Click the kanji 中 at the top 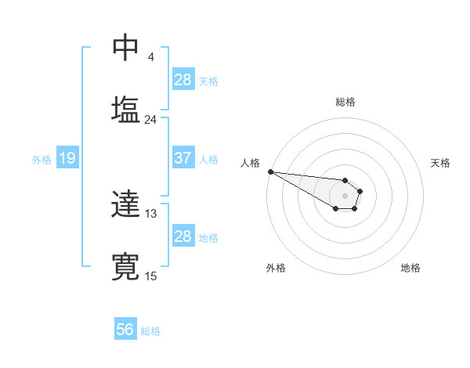pos(125,49)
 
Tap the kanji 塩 pos(125,109)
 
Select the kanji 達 pos(125,206)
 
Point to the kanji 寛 pos(125,265)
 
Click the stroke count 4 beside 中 pos(150,57)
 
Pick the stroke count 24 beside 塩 pos(150,120)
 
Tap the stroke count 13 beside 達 pos(150,214)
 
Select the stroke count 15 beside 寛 pos(150,276)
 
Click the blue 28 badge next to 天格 pos(183,80)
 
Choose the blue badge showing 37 pos(183,158)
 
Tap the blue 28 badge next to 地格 pos(183,236)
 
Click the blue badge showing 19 pos(67,159)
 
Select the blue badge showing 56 pos(125,330)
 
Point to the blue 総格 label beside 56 pos(150,331)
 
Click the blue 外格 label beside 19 pos(42,160)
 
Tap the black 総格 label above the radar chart pos(345,102)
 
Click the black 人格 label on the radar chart pos(250,163)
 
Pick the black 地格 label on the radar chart pos(410,268)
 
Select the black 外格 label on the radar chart pos(276,268)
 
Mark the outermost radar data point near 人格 pos(270,171)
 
